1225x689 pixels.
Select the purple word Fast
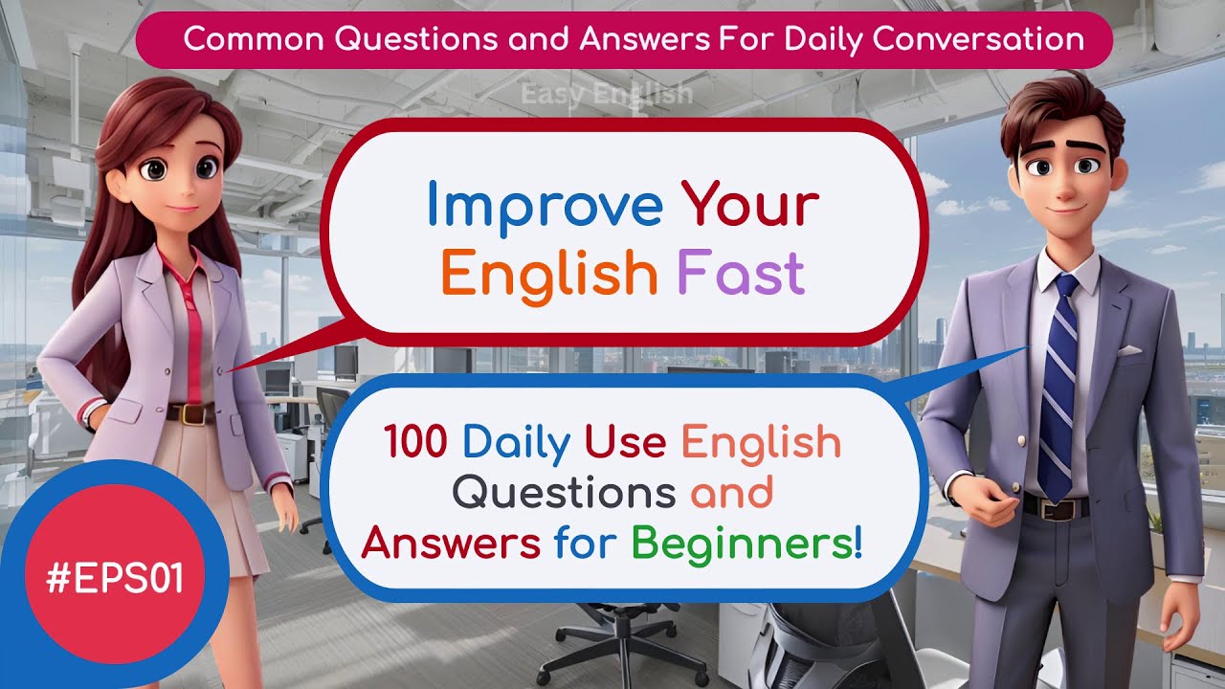(741, 274)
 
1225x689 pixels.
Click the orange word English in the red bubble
(548, 274)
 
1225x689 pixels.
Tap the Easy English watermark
(606, 94)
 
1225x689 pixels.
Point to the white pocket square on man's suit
(1129, 350)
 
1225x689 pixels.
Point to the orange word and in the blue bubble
(731, 493)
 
